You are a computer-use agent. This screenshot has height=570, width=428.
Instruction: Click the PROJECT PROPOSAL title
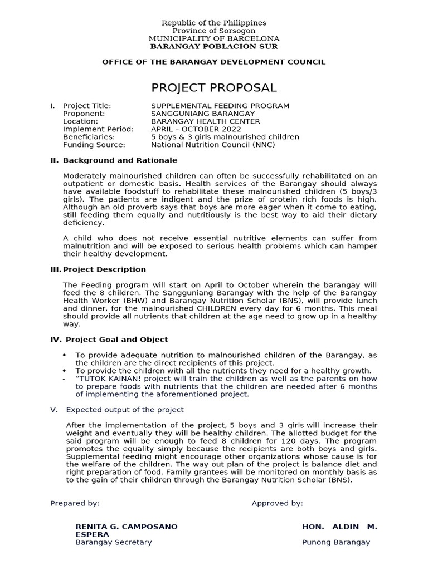click(x=213, y=88)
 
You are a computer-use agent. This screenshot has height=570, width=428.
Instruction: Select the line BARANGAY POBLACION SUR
click(x=213, y=46)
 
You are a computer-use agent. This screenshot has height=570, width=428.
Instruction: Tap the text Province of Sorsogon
click(x=213, y=31)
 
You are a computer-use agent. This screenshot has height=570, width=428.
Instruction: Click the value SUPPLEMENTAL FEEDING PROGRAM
click(x=220, y=106)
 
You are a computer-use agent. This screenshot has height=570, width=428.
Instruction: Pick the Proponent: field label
click(x=85, y=114)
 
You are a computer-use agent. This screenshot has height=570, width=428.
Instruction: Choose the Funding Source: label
click(x=94, y=145)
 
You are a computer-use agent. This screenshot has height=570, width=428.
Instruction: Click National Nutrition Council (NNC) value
click(x=213, y=145)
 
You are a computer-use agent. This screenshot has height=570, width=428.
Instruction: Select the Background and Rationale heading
click(x=120, y=160)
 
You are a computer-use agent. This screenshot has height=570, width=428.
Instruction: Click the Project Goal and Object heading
click(x=116, y=340)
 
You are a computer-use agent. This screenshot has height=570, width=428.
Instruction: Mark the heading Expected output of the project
click(x=125, y=410)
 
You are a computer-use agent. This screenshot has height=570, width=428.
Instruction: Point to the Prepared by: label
click(x=75, y=503)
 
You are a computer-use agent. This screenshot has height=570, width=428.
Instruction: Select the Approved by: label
click(x=277, y=503)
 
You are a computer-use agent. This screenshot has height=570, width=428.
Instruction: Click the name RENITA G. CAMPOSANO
click(x=127, y=527)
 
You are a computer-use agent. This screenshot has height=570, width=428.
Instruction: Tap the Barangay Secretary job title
click(x=113, y=542)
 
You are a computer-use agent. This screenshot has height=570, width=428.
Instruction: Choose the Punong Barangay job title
click(x=335, y=542)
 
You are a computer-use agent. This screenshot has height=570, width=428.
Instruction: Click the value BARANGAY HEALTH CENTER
click(x=205, y=121)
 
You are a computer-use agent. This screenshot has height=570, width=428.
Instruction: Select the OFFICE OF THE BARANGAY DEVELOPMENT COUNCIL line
click(x=213, y=62)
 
